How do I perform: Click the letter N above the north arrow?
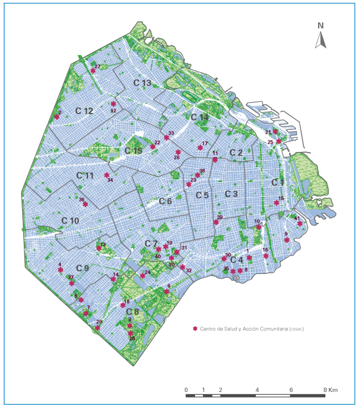321,25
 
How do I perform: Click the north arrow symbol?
320,40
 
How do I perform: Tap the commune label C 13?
142,83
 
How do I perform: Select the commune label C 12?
84,111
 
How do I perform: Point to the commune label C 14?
200,117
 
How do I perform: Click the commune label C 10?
70,220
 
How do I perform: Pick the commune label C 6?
165,201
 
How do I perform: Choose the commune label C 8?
132,311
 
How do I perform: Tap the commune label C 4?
236,260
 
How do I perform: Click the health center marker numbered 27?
93,71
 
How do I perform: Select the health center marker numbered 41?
300,223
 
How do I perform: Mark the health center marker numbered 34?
107,175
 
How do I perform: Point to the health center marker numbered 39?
216,222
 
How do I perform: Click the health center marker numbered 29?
98,327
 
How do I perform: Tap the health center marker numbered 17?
200,148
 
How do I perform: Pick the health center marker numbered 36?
85,204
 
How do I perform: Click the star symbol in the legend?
196,328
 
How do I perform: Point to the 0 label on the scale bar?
186,390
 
